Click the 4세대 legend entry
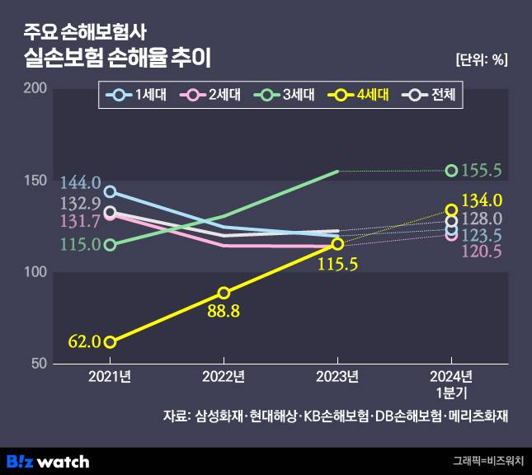coord(360,95)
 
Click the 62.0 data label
coord(85,341)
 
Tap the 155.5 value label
coord(483,171)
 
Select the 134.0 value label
coord(483,200)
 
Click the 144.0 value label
coord(80,182)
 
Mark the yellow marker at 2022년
coord(224,293)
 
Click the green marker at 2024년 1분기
coord(451,171)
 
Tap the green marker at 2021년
coord(110,245)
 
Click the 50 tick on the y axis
coord(38,364)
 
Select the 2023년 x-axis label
coord(337,379)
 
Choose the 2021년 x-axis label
coord(110,379)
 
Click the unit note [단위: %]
coord(481,59)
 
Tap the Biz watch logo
coord(48,461)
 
